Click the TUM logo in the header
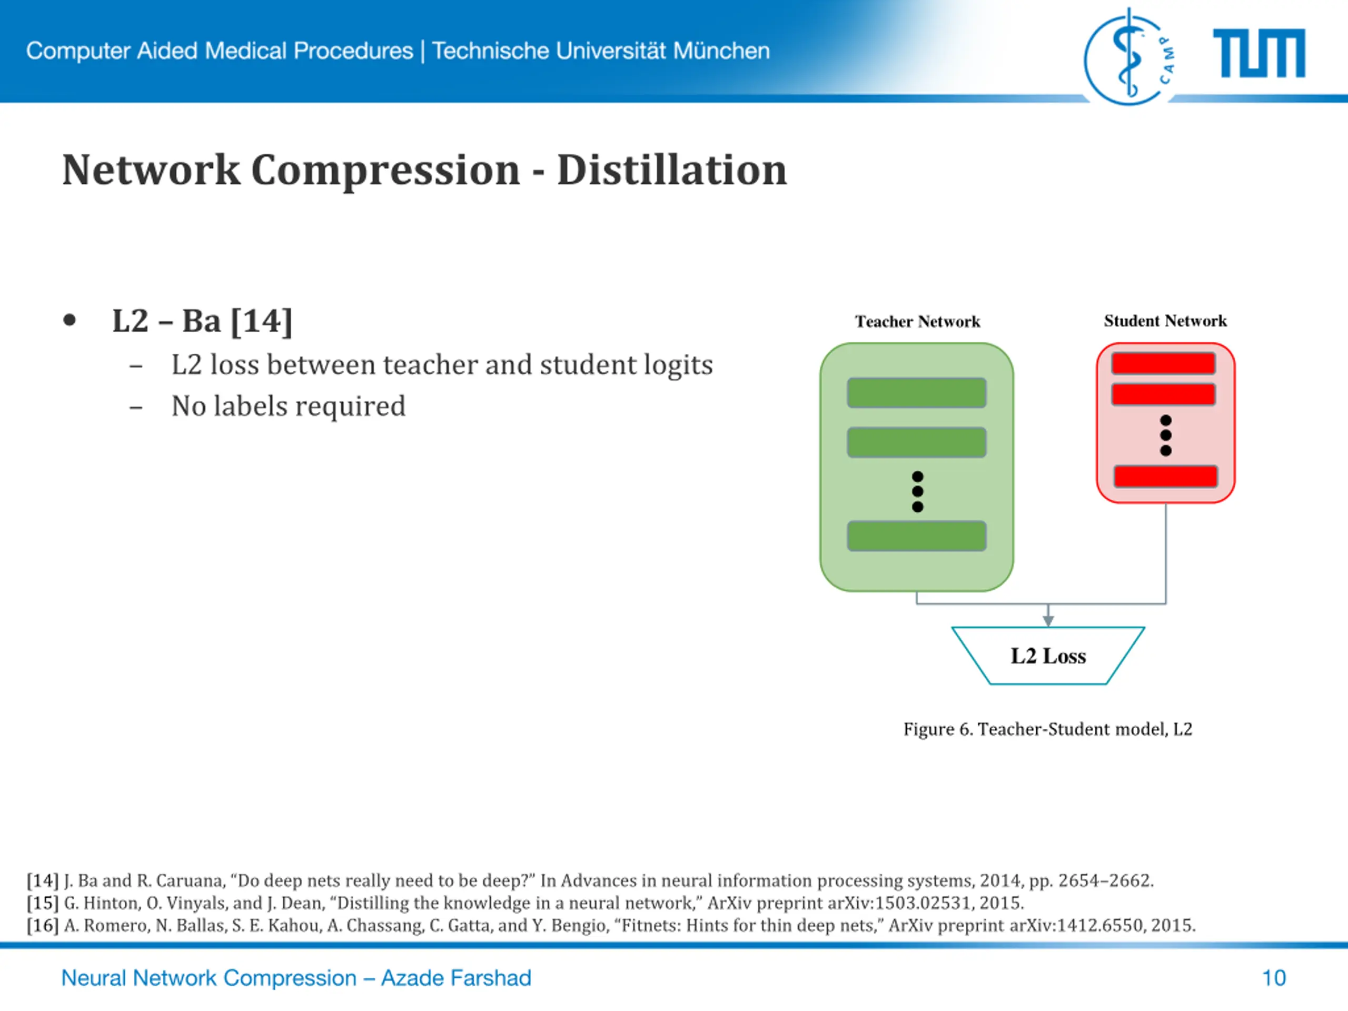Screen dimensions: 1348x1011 (x=1259, y=54)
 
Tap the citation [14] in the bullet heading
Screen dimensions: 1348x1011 (x=261, y=321)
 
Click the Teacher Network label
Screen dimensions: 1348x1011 (x=917, y=321)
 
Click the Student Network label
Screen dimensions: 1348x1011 (x=1165, y=321)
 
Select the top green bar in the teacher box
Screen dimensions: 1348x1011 (x=917, y=393)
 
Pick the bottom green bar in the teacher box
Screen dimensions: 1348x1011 (x=917, y=536)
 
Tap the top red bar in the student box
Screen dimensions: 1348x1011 (x=1163, y=364)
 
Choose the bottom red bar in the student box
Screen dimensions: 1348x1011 (x=1165, y=477)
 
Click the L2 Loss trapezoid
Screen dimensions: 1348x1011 (x=1048, y=656)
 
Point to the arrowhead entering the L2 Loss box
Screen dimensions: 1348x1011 (x=1048, y=620)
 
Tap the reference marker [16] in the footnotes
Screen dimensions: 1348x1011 (x=42, y=926)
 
